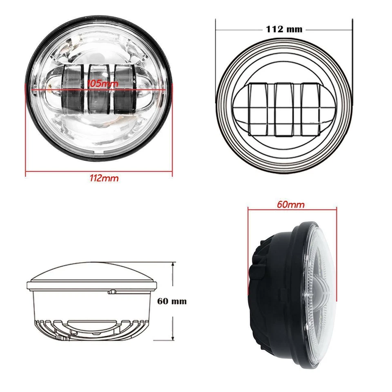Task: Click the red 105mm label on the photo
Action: pyautogui.click(x=103, y=83)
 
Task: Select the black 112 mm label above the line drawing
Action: pyautogui.click(x=284, y=29)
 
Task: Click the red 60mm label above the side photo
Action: pyautogui.click(x=291, y=204)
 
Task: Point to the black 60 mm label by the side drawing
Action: pyautogui.click(x=172, y=301)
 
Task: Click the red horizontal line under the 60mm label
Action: pyautogui.click(x=292, y=209)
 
